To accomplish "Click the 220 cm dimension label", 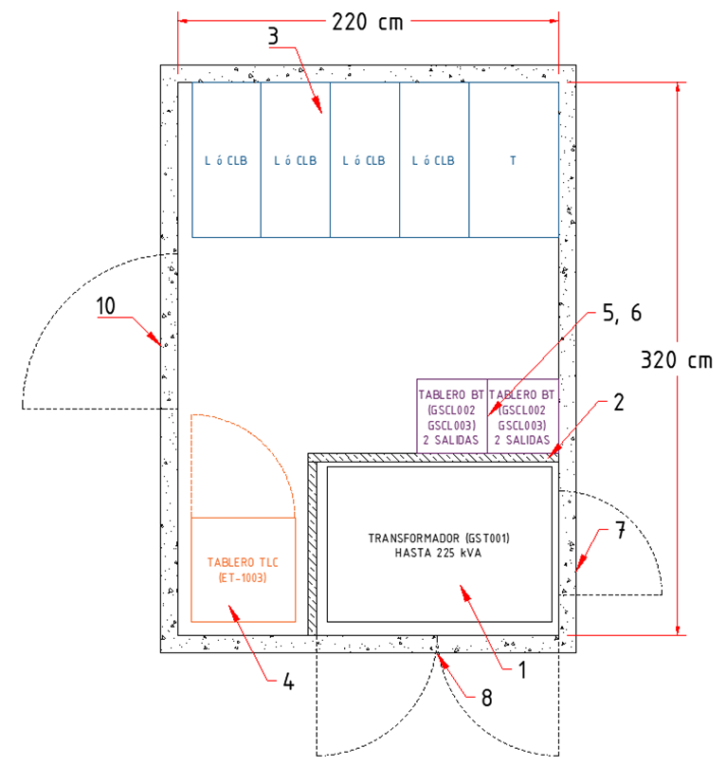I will tap(368, 21).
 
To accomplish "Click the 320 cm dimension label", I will tap(676, 361).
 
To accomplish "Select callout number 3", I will tap(273, 37).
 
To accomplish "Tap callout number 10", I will tap(106, 306).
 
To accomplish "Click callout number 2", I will tap(618, 401).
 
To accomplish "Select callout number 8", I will tap(486, 698).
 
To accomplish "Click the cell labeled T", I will tap(513, 160).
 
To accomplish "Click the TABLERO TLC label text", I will tap(244, 562).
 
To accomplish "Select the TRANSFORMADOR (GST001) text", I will tap(439, 538).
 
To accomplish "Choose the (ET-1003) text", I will tap(244, 577).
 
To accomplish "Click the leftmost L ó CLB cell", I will tap(227, 160).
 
